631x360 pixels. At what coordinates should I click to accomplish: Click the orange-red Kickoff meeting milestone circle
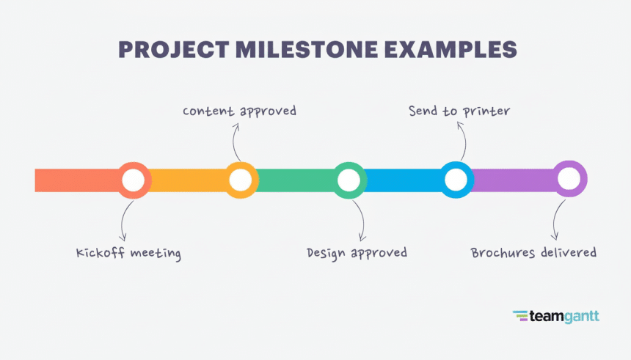pyautogui.click(x=133, y=180)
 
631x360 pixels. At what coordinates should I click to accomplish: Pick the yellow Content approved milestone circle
pyautogui.click(x=240, y=180)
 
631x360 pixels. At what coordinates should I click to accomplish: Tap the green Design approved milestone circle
pyautogui.click(x=349, y=180)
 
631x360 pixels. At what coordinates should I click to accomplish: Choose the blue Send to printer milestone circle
pyautogui.click(x=456, y=180)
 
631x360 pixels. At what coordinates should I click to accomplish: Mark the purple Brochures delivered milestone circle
pyautogui.click(x=569, y=179)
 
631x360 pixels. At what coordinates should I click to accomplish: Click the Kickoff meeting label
pyautogui.click(x=128, y=253)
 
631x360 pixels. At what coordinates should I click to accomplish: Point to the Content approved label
pyautogui.click(x=239, y=111)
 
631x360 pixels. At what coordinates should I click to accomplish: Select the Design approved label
pyautogui.click(x=357, y=253)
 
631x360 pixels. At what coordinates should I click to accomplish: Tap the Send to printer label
pyautogui.click(x=459, y=111)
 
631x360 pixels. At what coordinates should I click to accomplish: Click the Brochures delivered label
pyautogui.click(x=533, y=253)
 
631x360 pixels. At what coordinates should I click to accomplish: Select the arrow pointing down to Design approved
pyautogui.click(x=360, y=220)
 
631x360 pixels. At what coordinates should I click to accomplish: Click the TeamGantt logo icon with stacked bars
pyautogui.click(x=520, y=316)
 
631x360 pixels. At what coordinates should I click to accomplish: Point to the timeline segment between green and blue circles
pyautogui.click(x=402, y=180)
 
